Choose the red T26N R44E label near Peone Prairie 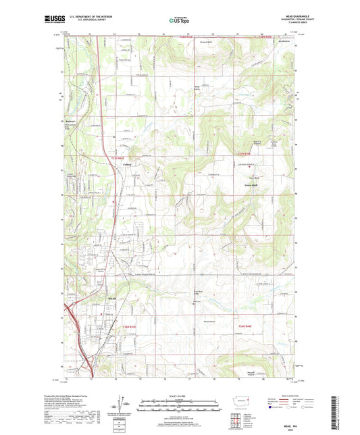246,327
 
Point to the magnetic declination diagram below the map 126,409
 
